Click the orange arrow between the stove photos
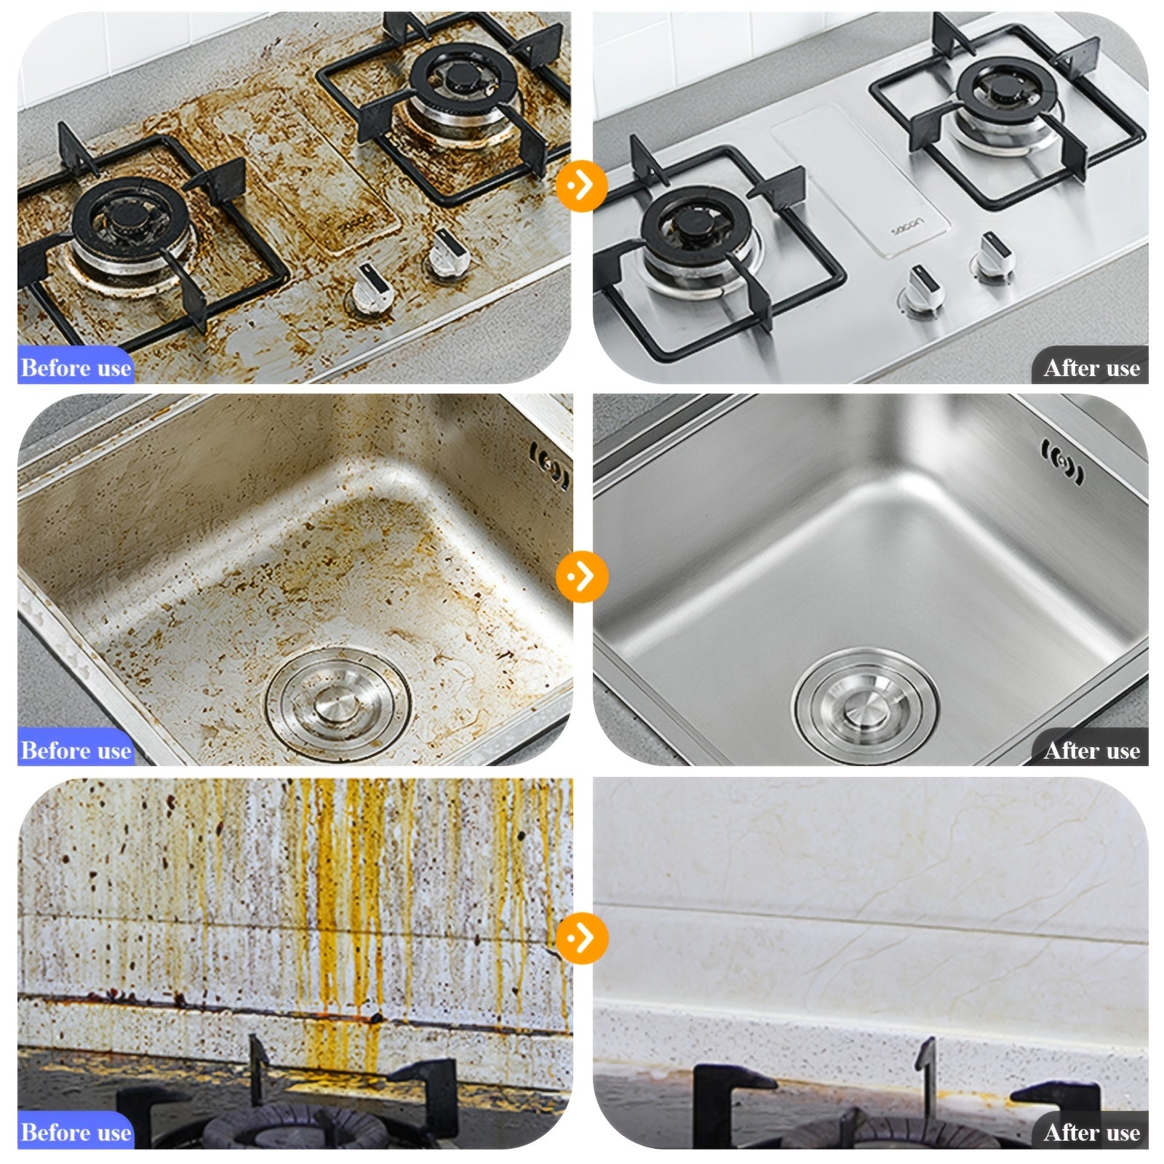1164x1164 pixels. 582,186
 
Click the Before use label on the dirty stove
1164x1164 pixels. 76,367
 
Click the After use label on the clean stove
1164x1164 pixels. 1091,367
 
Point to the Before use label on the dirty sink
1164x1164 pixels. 76,749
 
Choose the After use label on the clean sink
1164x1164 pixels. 1091,749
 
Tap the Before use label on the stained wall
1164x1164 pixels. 76,1132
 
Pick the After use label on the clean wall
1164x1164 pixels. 1091,1132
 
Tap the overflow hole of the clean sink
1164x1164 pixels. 1062,461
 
